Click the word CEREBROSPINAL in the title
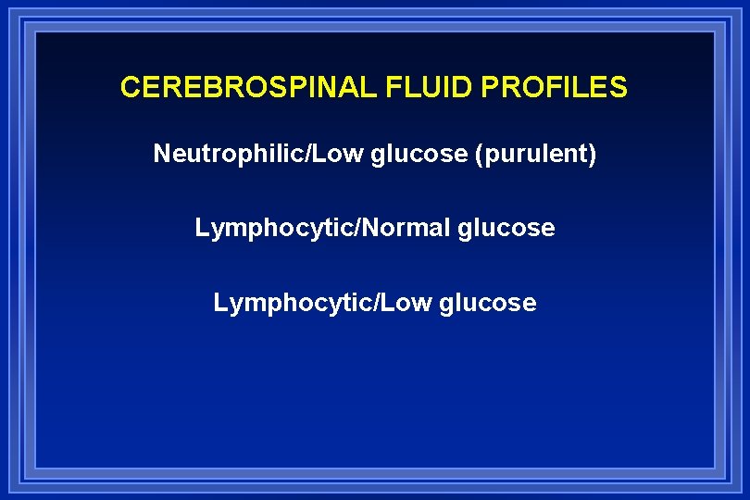tap(244, 88)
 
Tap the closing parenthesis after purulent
tap(592, 154)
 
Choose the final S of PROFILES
tap(619, 88)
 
